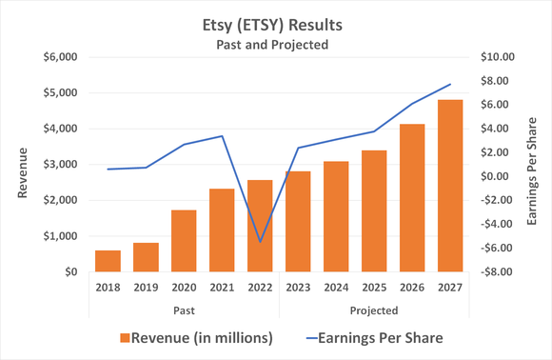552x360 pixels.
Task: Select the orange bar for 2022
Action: (x=260, y=226)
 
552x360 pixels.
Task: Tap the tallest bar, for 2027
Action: (x=449, y=186)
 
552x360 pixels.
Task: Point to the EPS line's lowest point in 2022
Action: (x=260, y=242)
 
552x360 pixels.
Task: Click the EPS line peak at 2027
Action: (x=449, y=85)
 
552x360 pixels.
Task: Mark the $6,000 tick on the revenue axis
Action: (x=59, y=57)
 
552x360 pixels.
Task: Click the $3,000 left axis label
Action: (x=59, y=165)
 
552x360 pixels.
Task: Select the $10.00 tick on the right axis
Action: (x=497, y=57)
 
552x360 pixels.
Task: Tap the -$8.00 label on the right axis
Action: (x=497, y=272)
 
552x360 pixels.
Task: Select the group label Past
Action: (x=184, y=310)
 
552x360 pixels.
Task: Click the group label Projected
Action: (x=373, y=310)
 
